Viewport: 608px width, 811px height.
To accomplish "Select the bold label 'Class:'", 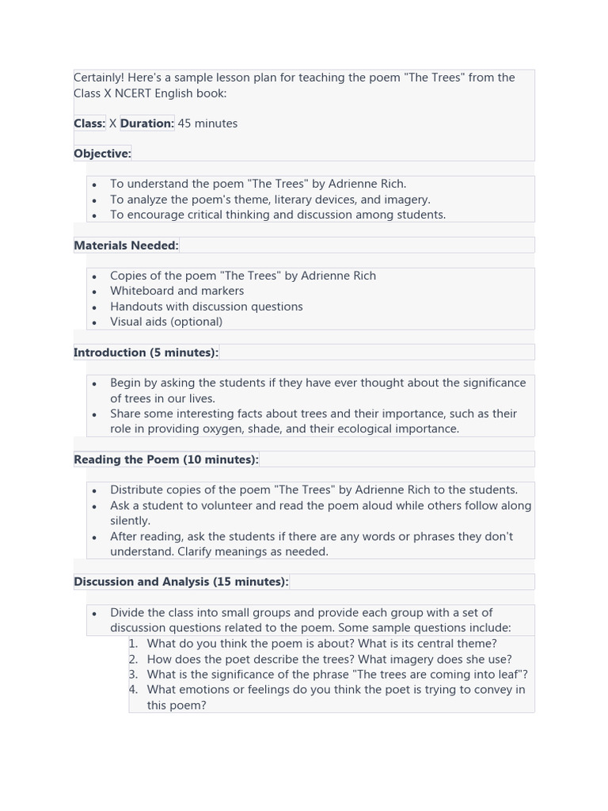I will pos(89,124).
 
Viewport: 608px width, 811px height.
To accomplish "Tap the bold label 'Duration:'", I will pos(147,124).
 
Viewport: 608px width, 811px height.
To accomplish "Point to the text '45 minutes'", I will pos(207,124).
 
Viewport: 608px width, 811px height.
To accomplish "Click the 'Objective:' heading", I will pos(102,154).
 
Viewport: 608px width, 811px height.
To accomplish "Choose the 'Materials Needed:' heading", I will pos(126,246).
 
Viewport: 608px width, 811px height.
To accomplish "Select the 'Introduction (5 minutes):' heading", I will pos(146,352).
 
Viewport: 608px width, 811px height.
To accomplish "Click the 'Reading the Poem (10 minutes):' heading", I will pos(166,459).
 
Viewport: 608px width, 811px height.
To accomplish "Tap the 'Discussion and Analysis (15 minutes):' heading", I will pos(181,582).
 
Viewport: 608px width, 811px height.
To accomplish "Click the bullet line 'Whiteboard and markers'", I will pos(177,291).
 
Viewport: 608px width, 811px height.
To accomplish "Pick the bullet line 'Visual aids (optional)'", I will pos(166,322).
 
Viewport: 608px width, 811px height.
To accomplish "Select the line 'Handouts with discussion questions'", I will pos(207,307).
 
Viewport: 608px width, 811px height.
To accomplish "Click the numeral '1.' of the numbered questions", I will pos(133,644).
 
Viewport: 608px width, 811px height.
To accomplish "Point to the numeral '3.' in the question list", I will pos(133,675).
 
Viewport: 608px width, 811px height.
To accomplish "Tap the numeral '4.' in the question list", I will pos(133,690).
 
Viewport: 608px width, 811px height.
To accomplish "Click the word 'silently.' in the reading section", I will pos(130,521).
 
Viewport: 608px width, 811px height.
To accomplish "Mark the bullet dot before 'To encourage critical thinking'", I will pos(94,215).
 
